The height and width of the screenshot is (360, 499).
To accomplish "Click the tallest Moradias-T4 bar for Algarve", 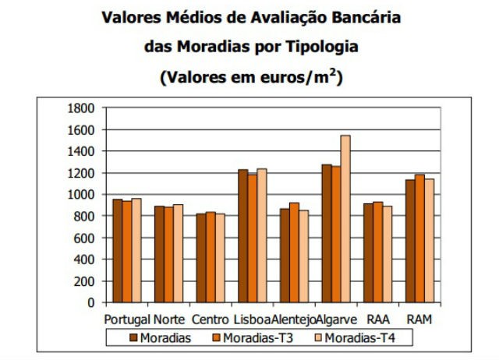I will coord(345,219).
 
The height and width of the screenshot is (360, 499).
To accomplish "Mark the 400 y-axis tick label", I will coord(84,259).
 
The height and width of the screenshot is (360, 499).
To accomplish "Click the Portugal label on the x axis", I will coord(126,319).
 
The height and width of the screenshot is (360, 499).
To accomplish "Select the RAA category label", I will coord(377,319).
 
